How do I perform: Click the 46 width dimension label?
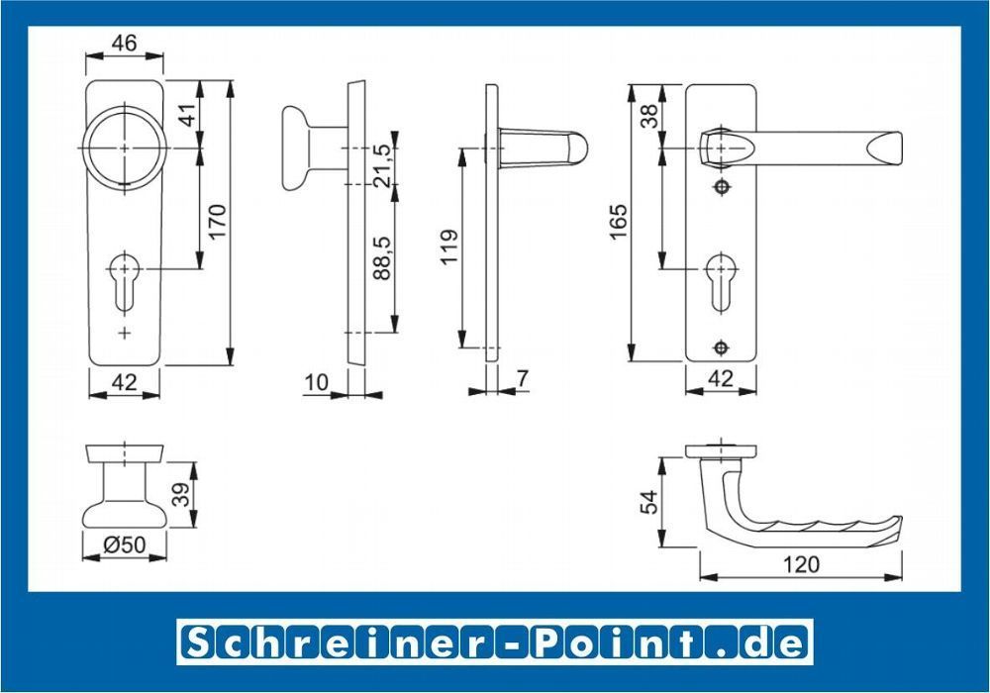coord(124,43)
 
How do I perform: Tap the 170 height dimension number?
coord(217,221)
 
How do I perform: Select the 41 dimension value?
coord(188,114)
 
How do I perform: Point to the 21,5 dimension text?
coord(381,166)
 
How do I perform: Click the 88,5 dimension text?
coord(381,257)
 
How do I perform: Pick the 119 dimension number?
coord(448,247)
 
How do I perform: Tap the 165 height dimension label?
coord(618,221)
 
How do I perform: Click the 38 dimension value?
coord(649,116)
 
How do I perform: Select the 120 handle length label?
coord(801,563)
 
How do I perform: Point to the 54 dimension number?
coord(648,502)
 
